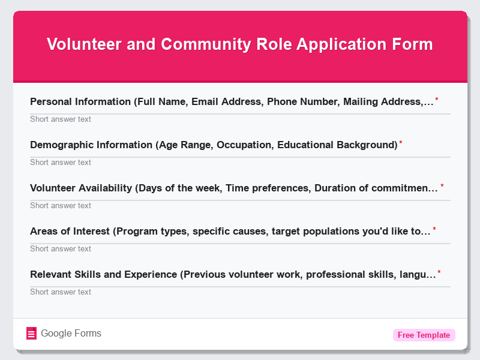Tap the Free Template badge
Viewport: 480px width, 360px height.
point(424,335)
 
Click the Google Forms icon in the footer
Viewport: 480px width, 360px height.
point(32,334)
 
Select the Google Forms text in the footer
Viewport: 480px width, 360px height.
point(71,334)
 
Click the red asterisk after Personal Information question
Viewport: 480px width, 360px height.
point(437,100)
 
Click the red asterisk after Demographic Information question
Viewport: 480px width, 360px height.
point(401,143)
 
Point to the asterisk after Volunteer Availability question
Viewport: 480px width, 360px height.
point(442,186)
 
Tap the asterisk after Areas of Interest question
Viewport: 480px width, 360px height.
point(434,229)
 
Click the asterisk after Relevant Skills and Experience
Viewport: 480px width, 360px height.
point(439,272)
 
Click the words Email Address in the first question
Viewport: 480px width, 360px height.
point(226,102)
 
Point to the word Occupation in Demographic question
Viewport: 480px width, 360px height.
point(242,145)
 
